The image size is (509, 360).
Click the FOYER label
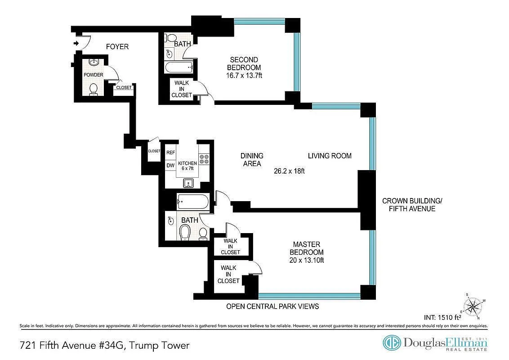click(x=117, y=47)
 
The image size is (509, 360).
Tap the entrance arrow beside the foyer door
click(x=76, y=43)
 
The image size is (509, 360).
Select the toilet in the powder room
click(x=94, y=90)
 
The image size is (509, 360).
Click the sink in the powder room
click(x=94, y=62)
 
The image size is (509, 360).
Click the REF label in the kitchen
click(x=170, y=153)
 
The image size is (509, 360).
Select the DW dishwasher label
click(x=170, y=166)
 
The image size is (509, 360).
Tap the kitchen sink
click(x=188, y=183)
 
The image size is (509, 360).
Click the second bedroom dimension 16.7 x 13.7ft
click(x=244, y=76)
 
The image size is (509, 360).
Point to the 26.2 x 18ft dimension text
click(x=289, y=171)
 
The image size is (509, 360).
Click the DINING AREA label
click(x=252, y=160)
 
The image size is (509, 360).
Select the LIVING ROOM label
click(x=330, y=156)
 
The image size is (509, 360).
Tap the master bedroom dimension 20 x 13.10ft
click(x=307, y=260)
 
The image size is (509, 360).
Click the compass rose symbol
click(x=473, y=306)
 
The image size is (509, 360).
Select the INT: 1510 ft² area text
click(x=442, y=317)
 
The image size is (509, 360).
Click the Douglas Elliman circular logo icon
click(x=392, y=343)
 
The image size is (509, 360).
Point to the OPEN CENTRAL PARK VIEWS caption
click(x=272, y=306)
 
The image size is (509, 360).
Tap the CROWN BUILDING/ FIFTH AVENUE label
click(x=412, y=205)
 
